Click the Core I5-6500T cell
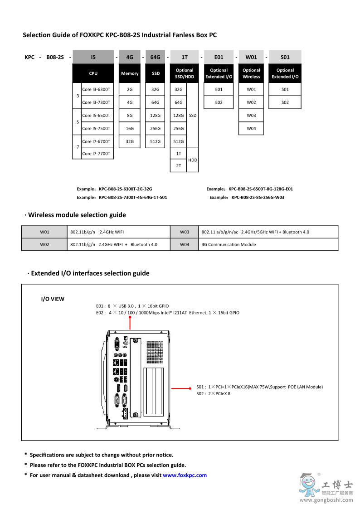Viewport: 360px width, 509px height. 96,116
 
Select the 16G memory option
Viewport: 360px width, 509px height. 130,129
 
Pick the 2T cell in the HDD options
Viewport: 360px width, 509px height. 178,166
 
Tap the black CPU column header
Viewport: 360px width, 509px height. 93,73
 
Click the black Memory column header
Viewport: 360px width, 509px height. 130,73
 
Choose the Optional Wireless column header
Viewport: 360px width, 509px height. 251,73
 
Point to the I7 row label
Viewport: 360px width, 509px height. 77,147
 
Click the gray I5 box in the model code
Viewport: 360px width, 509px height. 93,57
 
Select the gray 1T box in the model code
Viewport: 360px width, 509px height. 185,57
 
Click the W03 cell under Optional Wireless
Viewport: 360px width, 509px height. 251,116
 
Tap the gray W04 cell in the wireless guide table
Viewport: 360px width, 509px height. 185,245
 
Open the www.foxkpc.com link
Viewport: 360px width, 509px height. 185,475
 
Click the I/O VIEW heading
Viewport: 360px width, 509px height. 53,299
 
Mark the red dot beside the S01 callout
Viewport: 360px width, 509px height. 190,388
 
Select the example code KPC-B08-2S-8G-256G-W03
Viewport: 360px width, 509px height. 258,198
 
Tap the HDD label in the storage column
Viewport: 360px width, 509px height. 193,160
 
